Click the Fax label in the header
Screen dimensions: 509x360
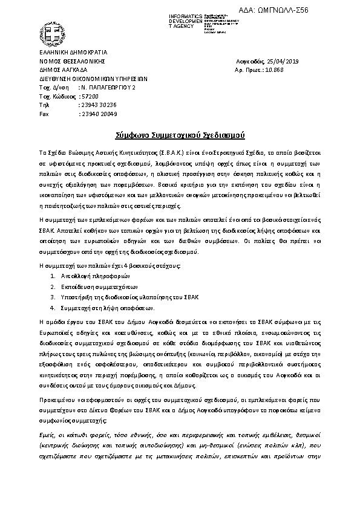tap(44, 114)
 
